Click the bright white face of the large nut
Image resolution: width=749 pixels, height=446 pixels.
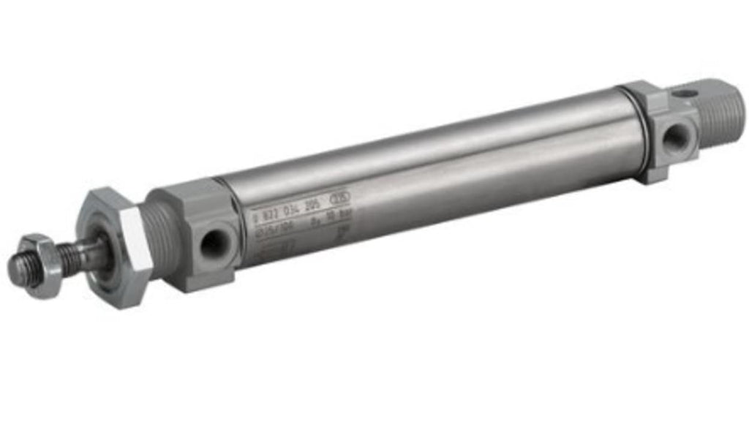click(x=136, y=252)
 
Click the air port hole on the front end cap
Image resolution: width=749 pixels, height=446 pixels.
click(x=214, y=244)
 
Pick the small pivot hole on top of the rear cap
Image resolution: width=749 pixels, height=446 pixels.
click(x=683, y=94)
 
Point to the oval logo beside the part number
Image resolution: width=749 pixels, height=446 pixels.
click(x=340, y=197)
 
